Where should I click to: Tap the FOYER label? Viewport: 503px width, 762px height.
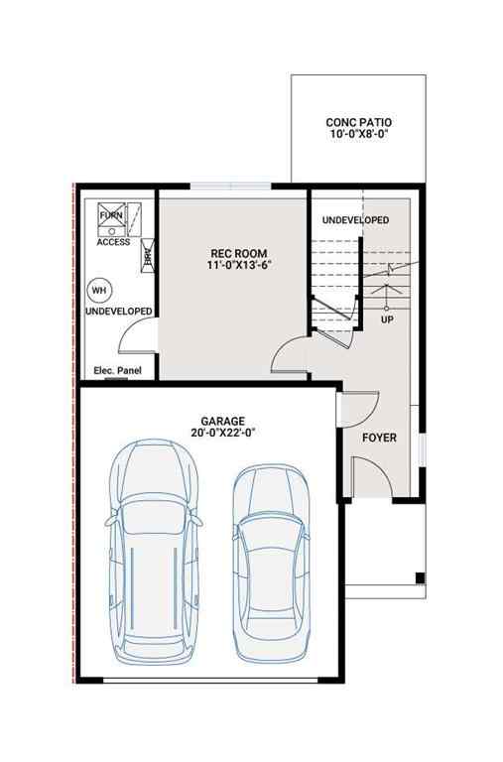(379, 437)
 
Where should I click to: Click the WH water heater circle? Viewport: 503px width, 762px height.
(98, 290)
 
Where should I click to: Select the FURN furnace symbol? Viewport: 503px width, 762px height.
(110, 217)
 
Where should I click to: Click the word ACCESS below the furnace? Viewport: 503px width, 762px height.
(113, 242)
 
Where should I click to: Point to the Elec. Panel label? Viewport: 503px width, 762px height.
(117, 371)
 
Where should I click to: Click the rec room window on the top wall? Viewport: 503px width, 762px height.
(229, 186)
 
